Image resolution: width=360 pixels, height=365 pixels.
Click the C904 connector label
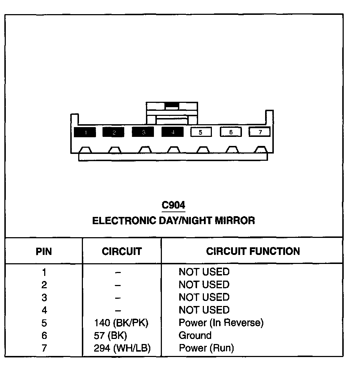(173, 205)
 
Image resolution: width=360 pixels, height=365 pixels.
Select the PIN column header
(44, 251)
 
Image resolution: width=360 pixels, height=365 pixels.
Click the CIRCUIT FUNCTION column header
(253, 251)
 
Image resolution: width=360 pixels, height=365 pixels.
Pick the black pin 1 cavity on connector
(85, 132)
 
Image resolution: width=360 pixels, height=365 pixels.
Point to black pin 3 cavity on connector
(143, 132)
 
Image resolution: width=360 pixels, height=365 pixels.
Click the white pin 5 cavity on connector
(201, 132)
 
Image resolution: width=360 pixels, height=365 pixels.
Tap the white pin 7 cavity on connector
(260, 132)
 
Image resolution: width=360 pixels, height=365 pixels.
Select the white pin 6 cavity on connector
(231, 132)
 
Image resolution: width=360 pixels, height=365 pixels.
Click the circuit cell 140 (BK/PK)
(121, 323)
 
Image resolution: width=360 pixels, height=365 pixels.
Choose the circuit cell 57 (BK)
(110, 335)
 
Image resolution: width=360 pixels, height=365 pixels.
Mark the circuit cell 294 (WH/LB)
(122, 348)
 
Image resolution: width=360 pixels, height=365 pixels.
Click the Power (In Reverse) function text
(221, 323)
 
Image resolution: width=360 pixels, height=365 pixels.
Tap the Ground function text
(195, 335)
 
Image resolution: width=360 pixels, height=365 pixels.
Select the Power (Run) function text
(206, 348)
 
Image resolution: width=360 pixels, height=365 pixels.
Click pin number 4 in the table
(44, 310)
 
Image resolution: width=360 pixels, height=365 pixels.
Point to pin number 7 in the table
(44, 348)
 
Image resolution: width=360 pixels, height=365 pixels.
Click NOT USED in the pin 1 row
(204, 272)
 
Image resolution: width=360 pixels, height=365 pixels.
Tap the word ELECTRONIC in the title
(125, 221)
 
